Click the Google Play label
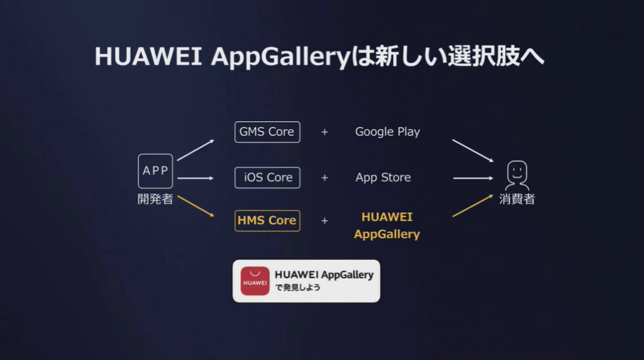coord(387,132)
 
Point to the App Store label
coord(383,177)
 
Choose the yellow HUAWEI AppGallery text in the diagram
coord(387,225)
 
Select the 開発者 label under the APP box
coord(155,200)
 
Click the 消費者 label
coord(517,200)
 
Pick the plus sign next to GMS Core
coord(325,132)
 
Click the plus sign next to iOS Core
coord(325,177)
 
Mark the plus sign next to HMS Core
coord(325,221)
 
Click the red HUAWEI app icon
coord(255,281)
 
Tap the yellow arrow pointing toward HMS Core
coord(196,206)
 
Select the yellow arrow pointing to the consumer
coord(472,205)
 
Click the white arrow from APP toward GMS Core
coord(196,150)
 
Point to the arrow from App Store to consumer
coord(473,178)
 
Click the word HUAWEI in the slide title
coord(148,56)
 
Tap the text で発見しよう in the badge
coord(297,288)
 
